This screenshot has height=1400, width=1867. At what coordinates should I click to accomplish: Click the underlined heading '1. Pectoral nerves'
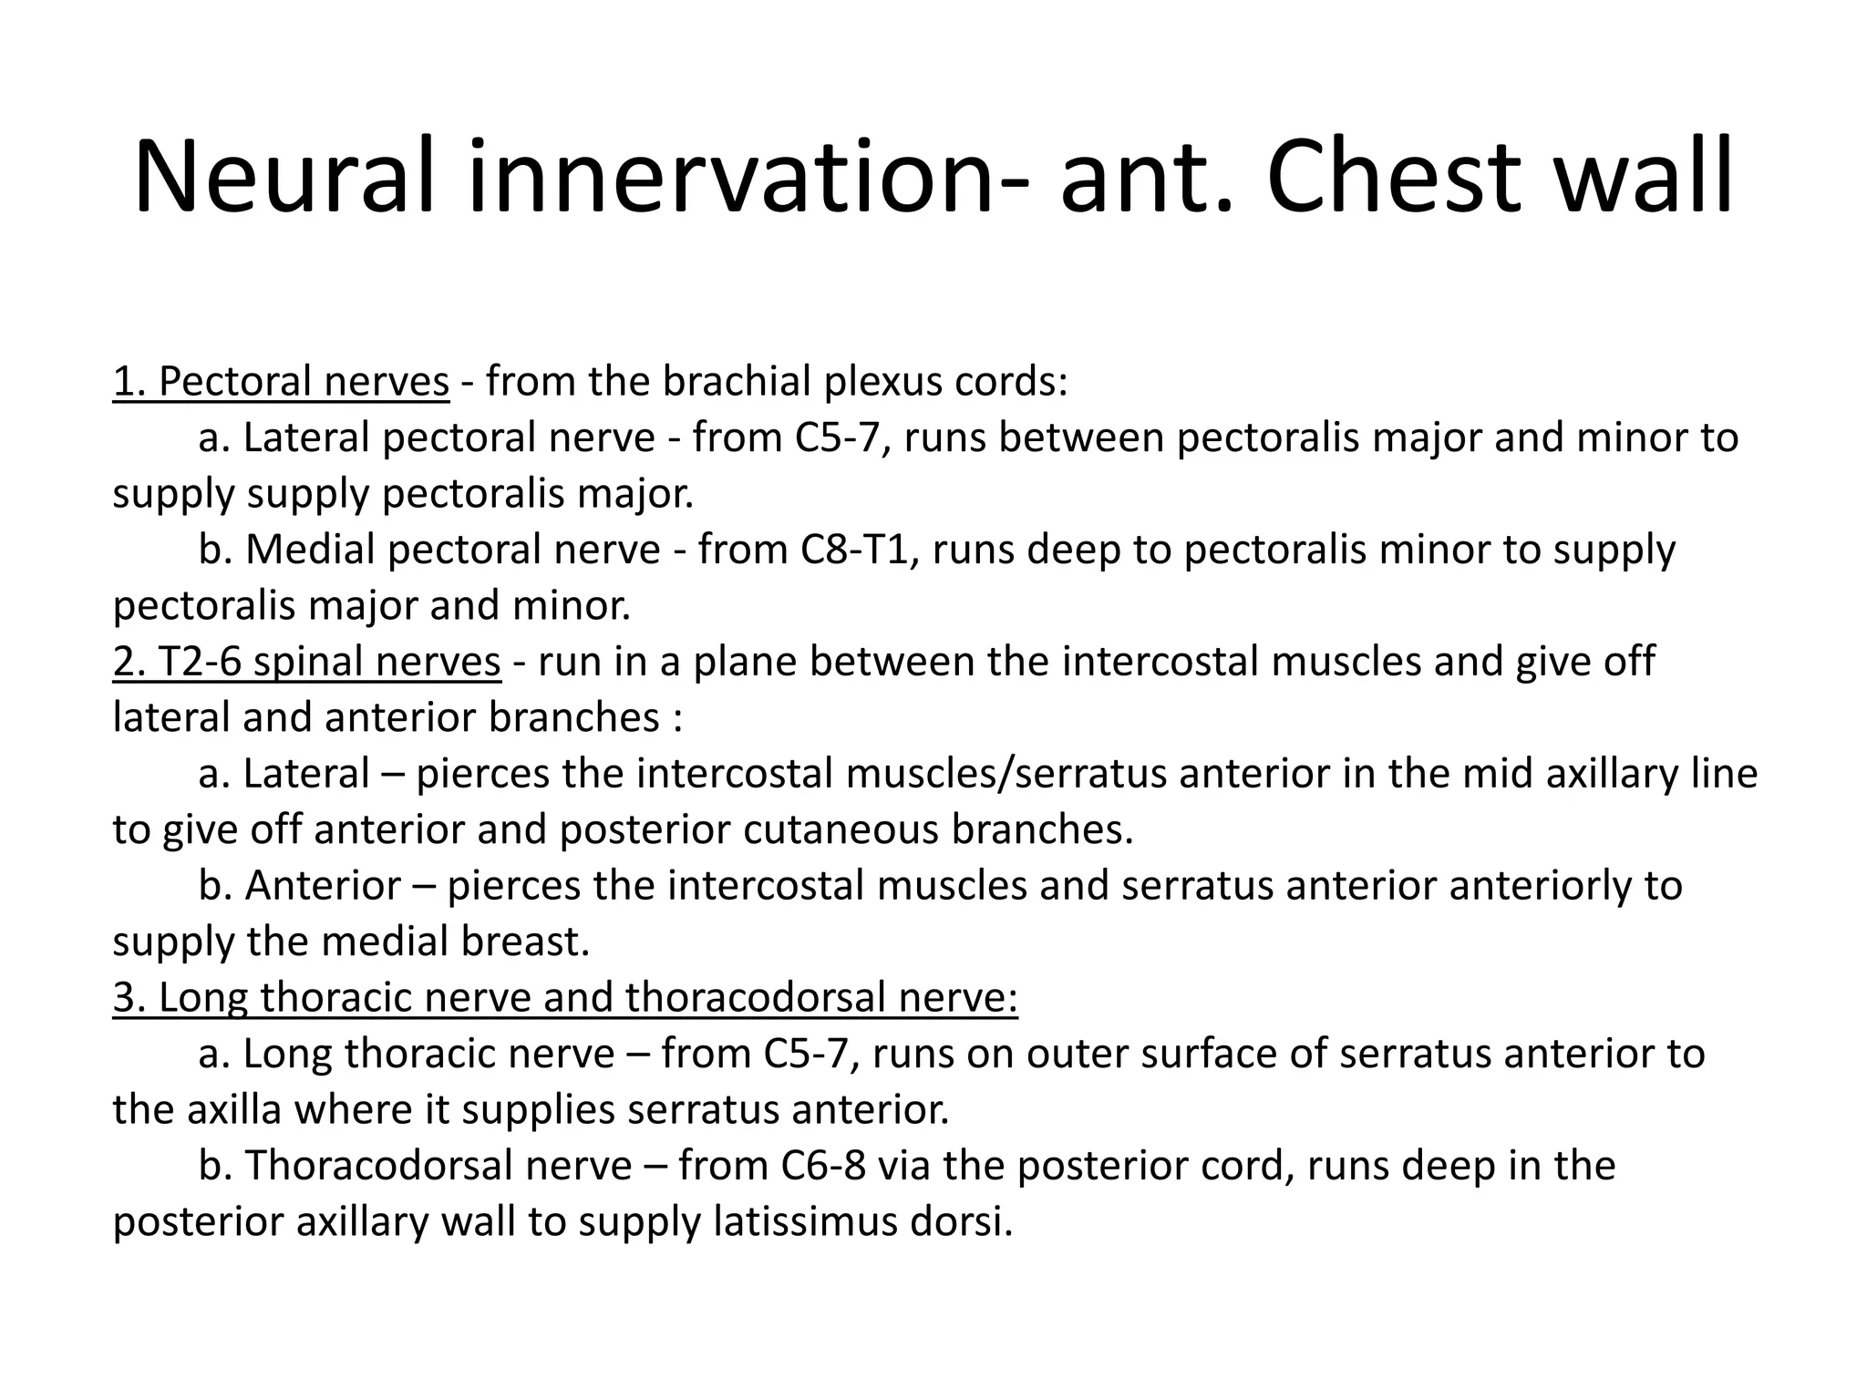281,382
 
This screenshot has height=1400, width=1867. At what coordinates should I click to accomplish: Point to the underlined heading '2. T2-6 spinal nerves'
306,662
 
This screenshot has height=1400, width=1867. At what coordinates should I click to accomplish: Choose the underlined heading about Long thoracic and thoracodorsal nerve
565,997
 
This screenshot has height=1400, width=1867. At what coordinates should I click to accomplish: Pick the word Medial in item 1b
310,550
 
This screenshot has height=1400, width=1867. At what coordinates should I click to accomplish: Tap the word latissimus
802,1222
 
